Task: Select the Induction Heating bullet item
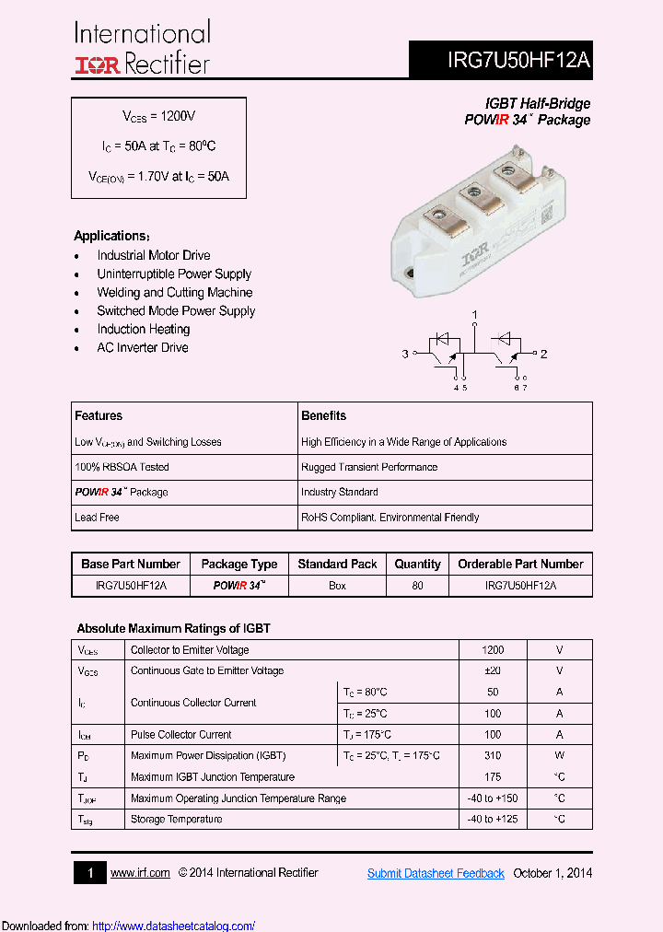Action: [144, 329]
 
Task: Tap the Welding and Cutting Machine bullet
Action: [174, 292]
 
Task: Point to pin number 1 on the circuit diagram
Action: [475, 316]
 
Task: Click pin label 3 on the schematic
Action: [404, 354]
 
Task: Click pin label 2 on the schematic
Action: [544, 354]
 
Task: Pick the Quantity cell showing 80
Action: [417, 586]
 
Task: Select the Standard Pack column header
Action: [338, 564]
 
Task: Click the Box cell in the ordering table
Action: [338, 586]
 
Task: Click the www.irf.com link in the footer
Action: [140, 873]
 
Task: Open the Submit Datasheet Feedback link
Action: [436, 873]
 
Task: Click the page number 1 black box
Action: [90, 873]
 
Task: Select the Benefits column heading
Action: [324, 415]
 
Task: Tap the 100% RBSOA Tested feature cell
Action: [122, 467]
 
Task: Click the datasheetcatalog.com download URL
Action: [174, 926]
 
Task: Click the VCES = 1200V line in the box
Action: [159, 117]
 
